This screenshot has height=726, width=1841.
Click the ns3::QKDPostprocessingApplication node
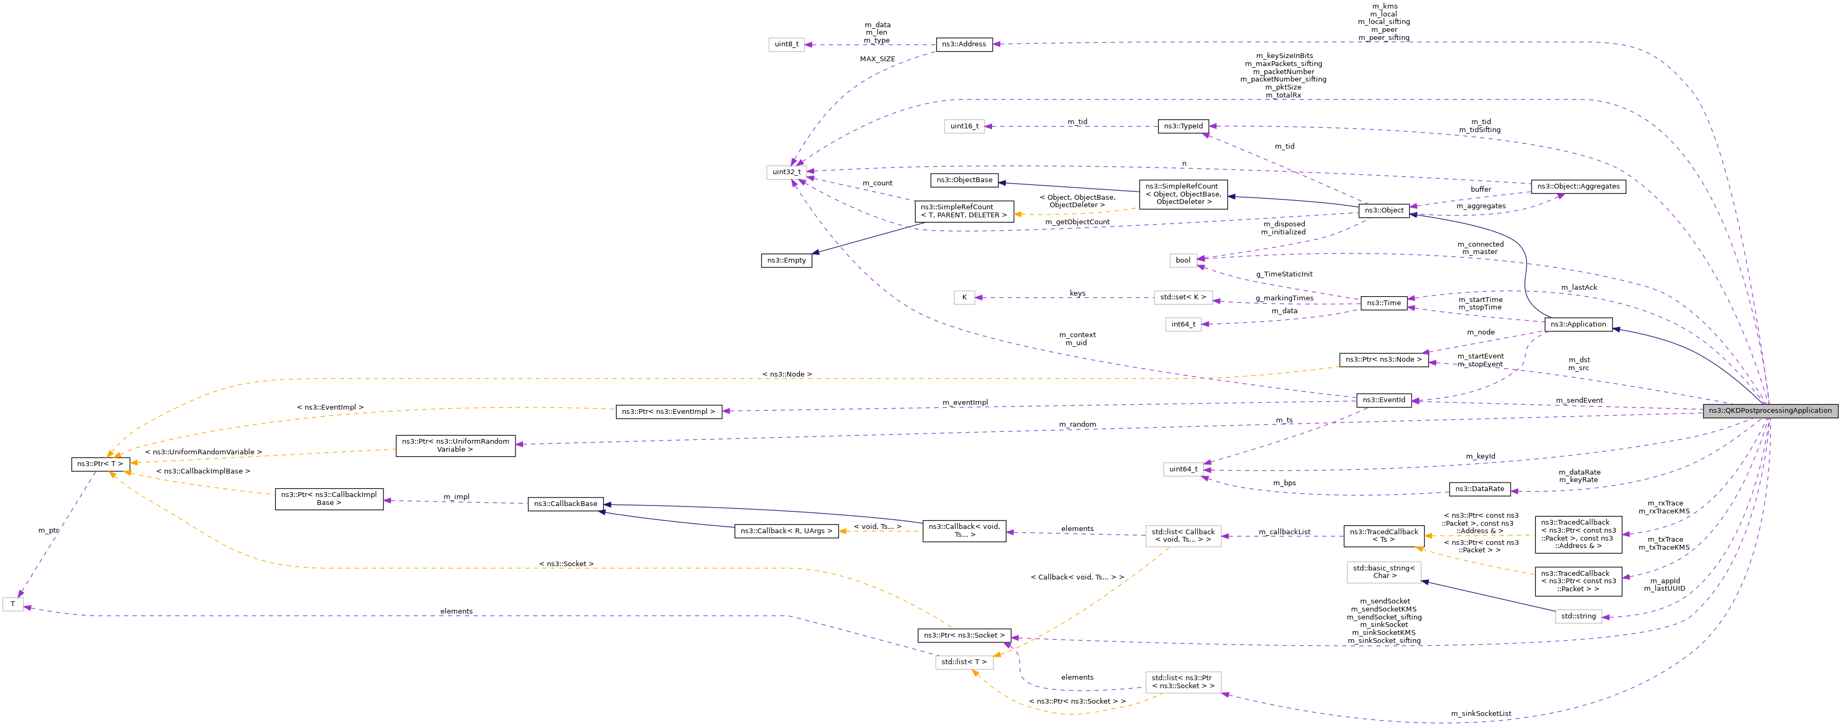(x=1770, y=411)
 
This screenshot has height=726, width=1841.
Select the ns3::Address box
(x=963, y=44)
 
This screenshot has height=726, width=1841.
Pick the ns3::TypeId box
(x=1183, y=126)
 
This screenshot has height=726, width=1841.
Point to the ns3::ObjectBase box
(x=964, y=180)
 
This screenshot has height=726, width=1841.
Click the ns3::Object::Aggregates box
(x=1578, y=186)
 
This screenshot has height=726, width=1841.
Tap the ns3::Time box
(x=1384, y=303)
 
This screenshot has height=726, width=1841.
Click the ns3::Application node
(x=1578, y=324)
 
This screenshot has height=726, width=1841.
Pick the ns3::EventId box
(x=1384, y=400)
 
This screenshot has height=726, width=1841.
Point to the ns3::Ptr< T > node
(x=100, y=464)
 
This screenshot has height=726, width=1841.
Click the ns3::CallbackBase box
(x=566, y=504)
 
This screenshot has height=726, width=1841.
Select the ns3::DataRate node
(x=1479, y=490)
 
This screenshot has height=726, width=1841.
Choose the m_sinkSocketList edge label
(x=1481, y=714)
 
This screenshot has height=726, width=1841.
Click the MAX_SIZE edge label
(x=877, y=59)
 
